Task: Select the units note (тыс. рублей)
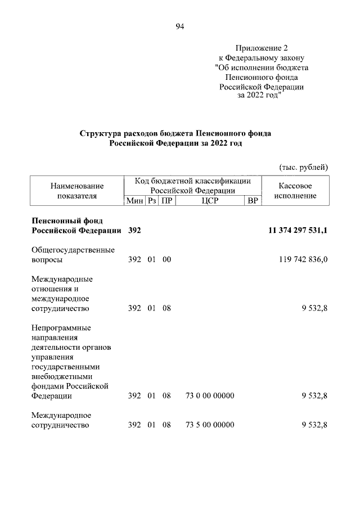303,167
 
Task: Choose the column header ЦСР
209,201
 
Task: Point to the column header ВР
253,201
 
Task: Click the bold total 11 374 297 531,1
294,230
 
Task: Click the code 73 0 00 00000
209,396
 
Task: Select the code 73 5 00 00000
209,425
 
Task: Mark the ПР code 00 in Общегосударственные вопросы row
166,260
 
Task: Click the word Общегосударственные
73,250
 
